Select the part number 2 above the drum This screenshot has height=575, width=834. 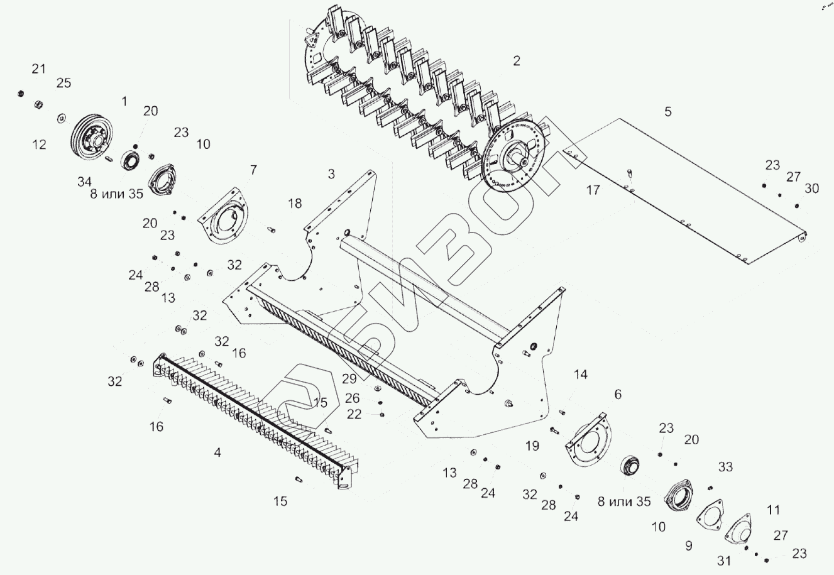pos(517,61)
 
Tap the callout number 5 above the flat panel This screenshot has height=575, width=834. pos(667,111)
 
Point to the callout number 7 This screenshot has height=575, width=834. pos(253,170)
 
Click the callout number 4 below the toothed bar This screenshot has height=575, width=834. pos(217,452)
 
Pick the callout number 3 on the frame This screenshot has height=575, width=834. pos(331,173)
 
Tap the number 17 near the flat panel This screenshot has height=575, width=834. pos(593,190)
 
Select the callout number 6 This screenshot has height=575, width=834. pos(618,394)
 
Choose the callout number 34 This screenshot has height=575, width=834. pos(84,182)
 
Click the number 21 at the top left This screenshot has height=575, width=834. pos(39,69)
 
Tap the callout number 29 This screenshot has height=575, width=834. pos(349,378)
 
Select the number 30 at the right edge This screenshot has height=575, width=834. pos(811,188)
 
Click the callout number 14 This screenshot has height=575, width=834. pos(580,375)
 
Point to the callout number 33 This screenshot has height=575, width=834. pos(725,467)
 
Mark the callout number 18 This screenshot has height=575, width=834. pos(295,203)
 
